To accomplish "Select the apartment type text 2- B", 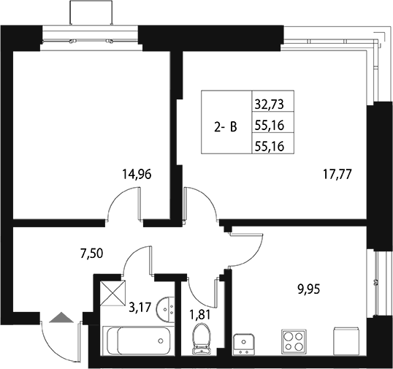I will [225, 126].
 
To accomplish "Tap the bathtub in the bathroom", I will [138, 341].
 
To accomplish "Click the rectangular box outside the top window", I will [91, 12].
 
